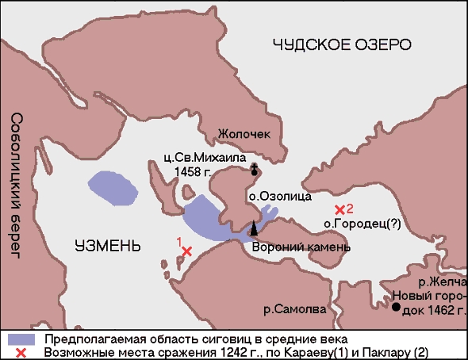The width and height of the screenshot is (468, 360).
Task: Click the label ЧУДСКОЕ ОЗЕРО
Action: (x=343, y=44)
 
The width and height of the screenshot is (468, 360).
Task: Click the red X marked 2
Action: (x=340, y=209)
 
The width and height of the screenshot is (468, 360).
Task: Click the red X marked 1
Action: (x=187, y=251)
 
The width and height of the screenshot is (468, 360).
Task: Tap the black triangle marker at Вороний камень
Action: (x=255, y=228)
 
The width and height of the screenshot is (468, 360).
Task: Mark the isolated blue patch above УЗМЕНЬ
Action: (x=111, y=186)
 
